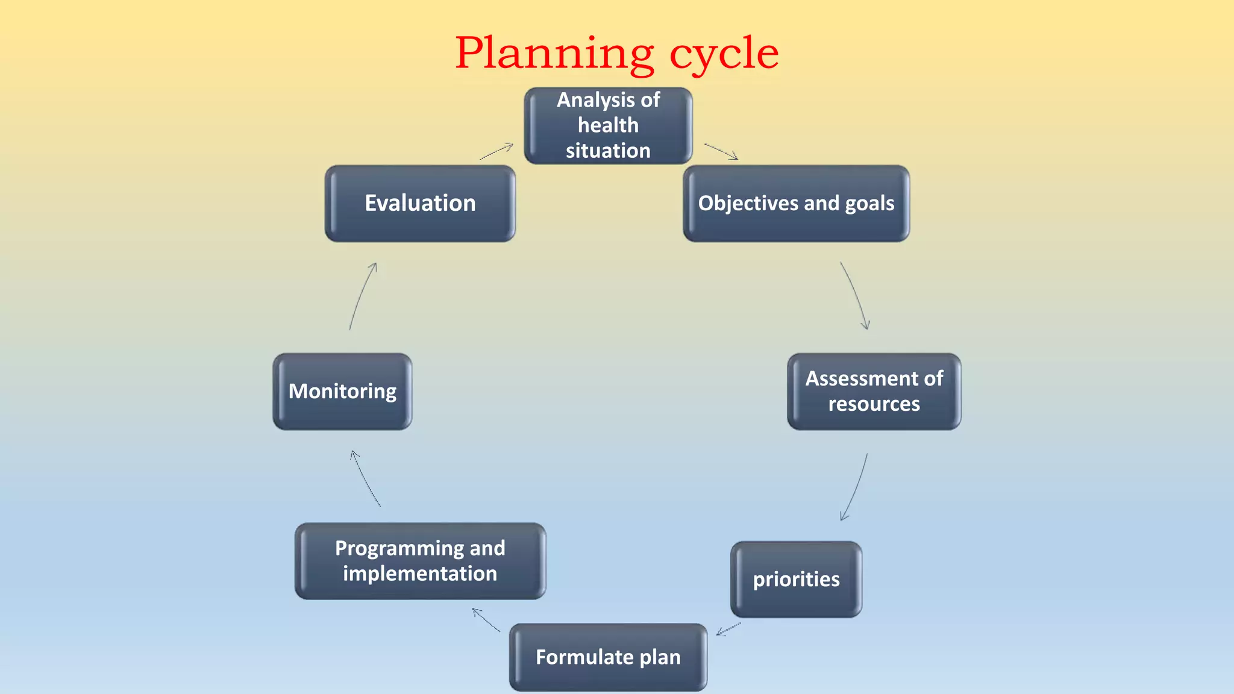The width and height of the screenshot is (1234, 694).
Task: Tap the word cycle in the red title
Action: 724,54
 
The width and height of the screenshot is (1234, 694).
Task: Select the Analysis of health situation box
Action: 608,125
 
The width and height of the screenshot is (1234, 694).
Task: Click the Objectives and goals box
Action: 796,204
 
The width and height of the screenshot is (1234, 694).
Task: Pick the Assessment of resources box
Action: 874,392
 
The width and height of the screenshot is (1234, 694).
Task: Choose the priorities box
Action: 796,579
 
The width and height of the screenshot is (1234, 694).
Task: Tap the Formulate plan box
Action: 608,657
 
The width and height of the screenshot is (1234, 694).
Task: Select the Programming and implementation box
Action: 420,561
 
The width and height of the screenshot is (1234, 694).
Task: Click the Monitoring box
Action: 342,392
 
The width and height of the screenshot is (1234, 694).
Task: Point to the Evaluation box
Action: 420,204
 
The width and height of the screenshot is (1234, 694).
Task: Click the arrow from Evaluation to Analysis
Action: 496,151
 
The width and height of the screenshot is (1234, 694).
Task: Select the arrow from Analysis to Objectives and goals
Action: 721,152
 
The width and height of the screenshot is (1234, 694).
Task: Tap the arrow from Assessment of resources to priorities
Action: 856,487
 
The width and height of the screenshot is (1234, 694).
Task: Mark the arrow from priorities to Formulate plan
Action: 728,629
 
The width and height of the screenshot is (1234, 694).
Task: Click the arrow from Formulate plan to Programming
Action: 486,620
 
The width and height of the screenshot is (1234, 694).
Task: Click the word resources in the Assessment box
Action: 874,404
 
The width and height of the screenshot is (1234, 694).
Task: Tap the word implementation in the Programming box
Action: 420,574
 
